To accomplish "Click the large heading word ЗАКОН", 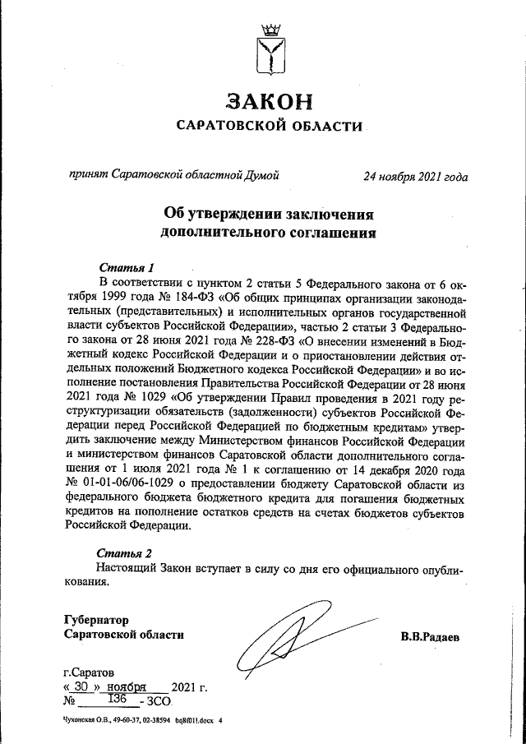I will [270, 101].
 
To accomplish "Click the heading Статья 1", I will [127, 267].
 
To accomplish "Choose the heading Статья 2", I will [124, 552].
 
